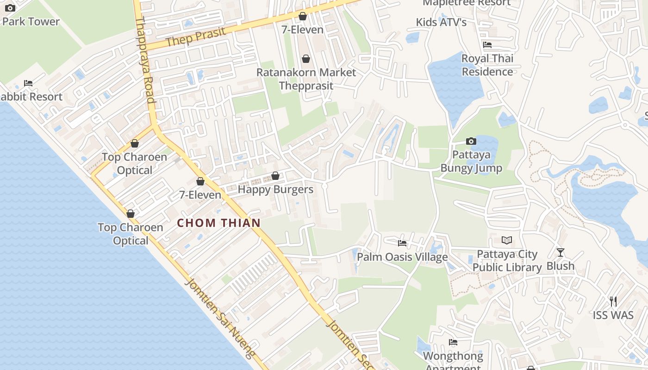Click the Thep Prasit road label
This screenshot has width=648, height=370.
click(196, 37)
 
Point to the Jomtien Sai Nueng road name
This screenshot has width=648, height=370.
click(220, 319)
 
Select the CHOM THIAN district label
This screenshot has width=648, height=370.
click(219, 223)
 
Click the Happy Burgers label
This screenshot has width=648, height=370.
click(275, 189)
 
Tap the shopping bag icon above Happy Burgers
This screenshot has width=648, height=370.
click(275, 176)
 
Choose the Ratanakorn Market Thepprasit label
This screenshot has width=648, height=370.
click(306, 79)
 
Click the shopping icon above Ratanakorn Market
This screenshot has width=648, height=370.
click(305, 59)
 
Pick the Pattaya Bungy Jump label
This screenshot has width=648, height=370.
click(471, 161)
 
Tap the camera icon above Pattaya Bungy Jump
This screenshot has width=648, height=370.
click(471, 141)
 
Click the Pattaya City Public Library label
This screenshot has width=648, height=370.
click(507, 261)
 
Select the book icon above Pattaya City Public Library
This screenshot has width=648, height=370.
click(507, 240)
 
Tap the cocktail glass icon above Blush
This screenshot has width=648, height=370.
click(561, 253)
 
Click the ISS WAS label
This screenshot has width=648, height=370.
click(613, 315)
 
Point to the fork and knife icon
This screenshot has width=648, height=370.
click(613, 302)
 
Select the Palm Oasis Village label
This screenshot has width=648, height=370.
click(402, 257)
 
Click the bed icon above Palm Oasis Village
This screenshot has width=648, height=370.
click(402, 243)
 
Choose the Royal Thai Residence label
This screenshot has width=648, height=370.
click(487, 65)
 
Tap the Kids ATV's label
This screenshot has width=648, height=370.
click(441, 22)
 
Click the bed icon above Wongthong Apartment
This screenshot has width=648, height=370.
click(453, 342)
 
